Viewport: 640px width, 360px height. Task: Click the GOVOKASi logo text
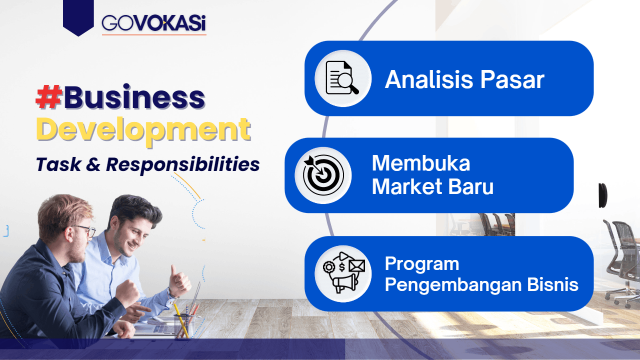tap(153, 23)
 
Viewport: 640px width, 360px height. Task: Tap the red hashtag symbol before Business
tap(49, 97)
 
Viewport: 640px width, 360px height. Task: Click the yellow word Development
tap(143, 130)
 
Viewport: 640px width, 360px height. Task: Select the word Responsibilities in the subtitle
tap(183, 165)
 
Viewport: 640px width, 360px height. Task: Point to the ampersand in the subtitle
tap(93, 164)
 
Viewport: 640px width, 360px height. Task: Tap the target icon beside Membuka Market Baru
tap(323, 175)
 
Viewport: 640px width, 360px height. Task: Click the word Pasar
tap(512, 79)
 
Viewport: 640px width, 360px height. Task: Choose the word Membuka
tap(421, 163)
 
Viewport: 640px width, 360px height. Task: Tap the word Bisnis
tap(553, 284)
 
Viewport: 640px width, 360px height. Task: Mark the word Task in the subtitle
tap(58, 164)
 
